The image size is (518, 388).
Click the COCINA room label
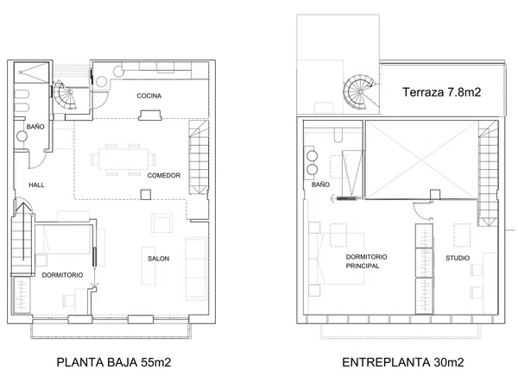[149, 96]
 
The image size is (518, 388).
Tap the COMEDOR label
[164, 176]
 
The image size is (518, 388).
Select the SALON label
[158, 259]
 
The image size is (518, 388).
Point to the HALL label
[36, 185]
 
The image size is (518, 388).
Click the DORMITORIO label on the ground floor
[62, 275]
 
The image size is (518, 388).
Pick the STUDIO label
[458, 258]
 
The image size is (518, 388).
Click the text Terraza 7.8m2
[441, 92]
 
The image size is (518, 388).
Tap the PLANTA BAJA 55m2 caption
[114, 362]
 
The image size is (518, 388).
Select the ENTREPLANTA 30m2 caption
[402, 362]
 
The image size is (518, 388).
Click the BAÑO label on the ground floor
[35, 127]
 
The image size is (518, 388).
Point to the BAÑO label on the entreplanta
[320, 185]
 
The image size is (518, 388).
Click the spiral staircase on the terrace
[359, 91]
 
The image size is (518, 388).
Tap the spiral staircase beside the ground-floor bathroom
[65, 95]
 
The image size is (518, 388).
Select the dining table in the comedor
[123, 160]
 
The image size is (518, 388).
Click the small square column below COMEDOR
[146, 195]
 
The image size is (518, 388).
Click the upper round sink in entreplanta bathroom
[313, 156]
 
